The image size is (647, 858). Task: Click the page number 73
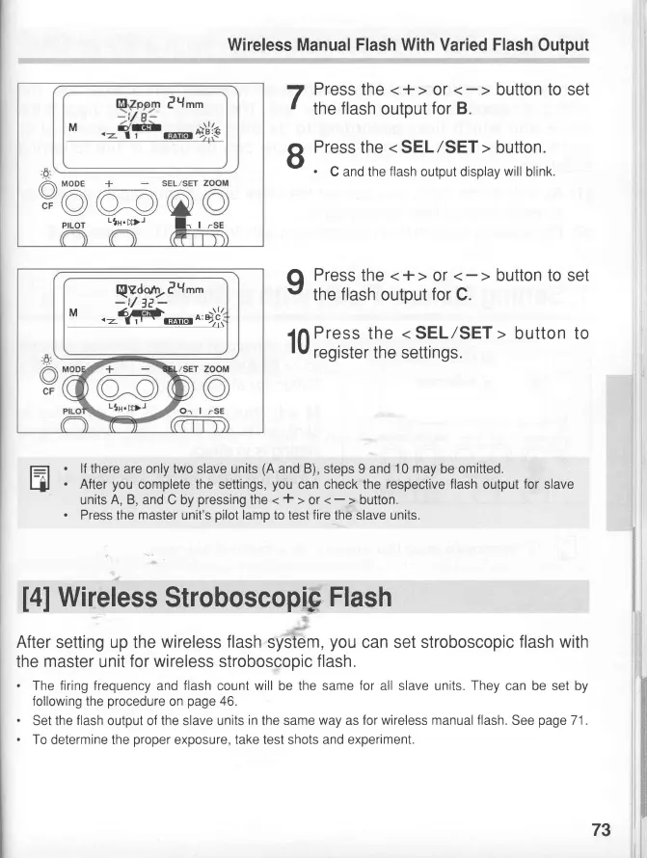click(601, 830)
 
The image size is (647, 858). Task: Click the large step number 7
click(297, 98)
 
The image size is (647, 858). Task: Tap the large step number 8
click(297, 155)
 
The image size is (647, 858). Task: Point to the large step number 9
click(297, 284)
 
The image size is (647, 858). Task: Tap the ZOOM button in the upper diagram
click(217, 202)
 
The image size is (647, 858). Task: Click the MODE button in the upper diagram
click(74, 202)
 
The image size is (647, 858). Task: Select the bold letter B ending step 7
click(462, 108)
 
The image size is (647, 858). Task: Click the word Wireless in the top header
click(260, 44)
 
